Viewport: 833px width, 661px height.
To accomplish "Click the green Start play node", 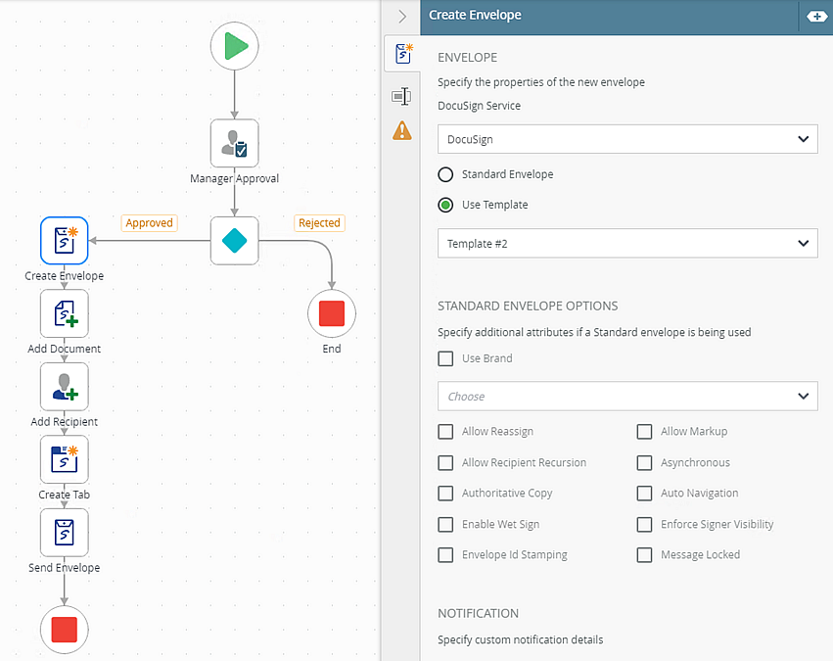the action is point(234,46).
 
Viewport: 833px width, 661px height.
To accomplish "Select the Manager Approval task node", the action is point(234,143).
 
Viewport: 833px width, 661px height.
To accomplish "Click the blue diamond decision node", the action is point(234,241).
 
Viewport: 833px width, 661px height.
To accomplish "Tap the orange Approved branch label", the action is point(150,222).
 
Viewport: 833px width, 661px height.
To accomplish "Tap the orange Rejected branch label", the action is point(319,222).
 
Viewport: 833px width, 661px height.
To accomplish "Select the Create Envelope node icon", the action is point(65,241).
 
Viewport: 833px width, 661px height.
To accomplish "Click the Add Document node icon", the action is point(65,313).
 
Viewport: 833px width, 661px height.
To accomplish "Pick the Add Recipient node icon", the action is point(65,386).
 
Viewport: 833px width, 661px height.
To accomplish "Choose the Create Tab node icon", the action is point(65,459).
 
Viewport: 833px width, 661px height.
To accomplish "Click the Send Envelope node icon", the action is point(65,533).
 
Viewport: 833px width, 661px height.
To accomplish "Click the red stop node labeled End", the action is point(332,313).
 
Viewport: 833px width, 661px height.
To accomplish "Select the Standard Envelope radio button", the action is point(445,174).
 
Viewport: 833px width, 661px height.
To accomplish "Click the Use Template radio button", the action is point(445,205).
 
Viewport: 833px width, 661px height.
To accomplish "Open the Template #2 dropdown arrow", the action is point(803,244).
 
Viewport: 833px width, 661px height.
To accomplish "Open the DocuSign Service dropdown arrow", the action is point(803,139).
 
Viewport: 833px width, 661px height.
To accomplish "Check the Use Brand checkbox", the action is point(445,358).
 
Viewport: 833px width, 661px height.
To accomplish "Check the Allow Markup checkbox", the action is point(644,432).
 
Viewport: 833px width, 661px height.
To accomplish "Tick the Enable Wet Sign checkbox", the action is point(445,525).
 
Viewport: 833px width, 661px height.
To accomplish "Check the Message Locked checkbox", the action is point(644,554).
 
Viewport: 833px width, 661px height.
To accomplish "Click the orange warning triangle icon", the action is point(402,130).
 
